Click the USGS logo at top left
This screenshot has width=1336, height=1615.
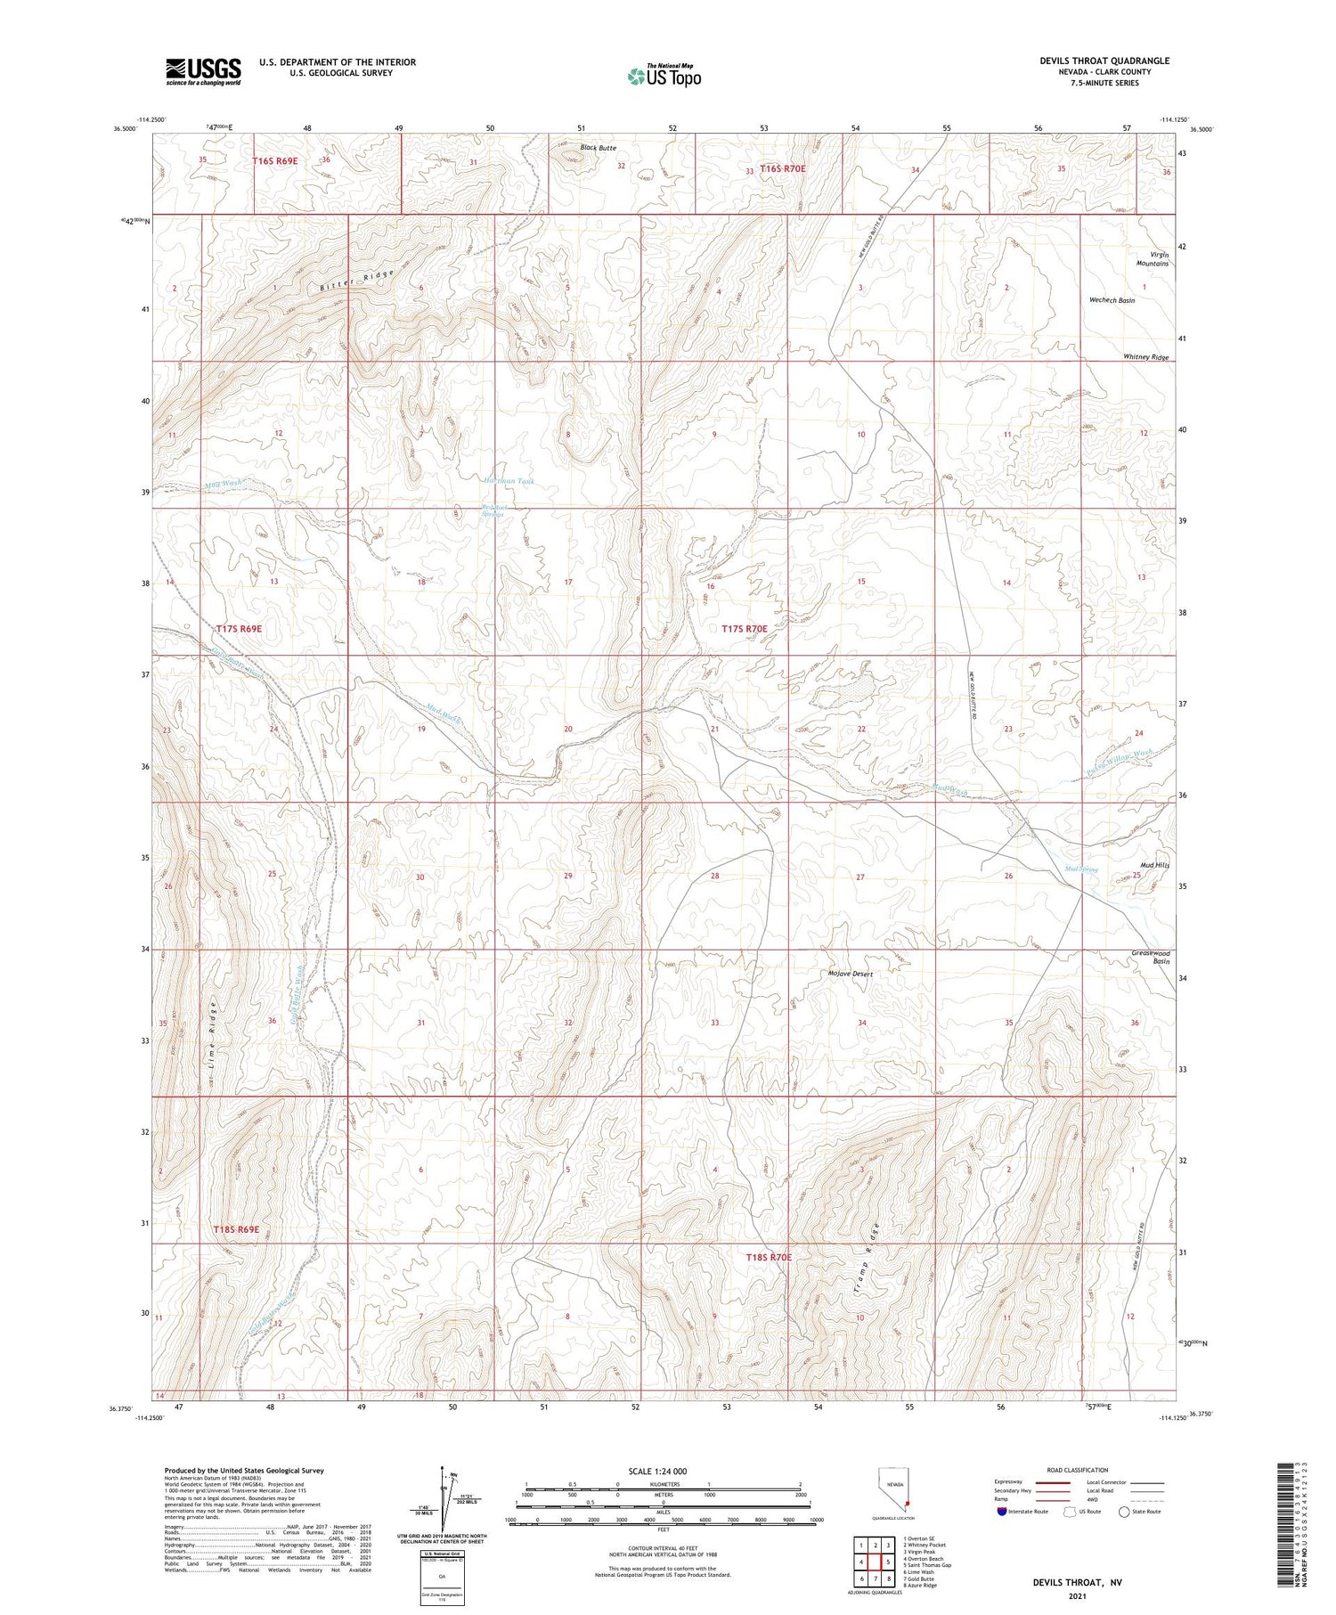point(203,71)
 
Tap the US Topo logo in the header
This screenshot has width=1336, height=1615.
point(664,77)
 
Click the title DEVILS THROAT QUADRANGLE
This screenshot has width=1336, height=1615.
point(1104,61)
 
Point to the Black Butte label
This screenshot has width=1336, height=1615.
point(598,148)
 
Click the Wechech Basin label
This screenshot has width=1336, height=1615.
point(1112,301)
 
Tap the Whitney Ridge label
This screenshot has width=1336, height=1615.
point(1145,357)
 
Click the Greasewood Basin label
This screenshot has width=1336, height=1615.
point(1150,958)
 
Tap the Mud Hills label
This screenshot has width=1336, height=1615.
point(1154,865)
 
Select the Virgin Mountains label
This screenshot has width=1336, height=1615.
point(1152,258)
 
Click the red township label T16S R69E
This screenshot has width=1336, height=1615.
point(274,161)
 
